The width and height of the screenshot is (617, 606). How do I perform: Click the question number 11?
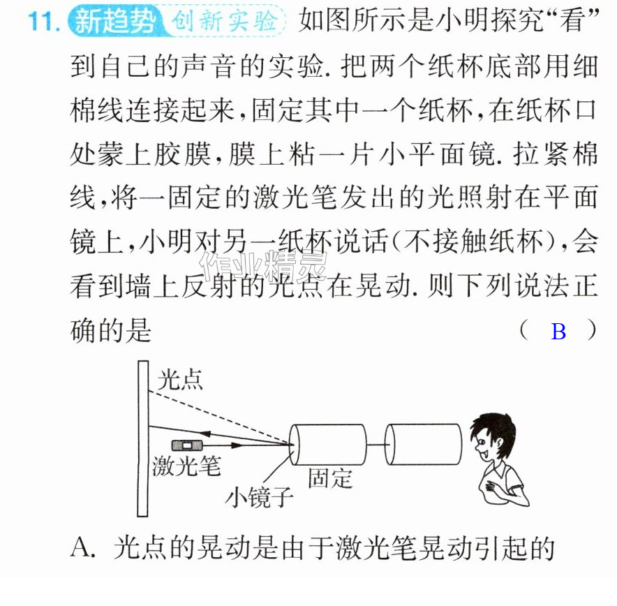pyautogui.click(x=43, y=21)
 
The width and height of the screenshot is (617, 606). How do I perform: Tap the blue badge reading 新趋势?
pyautogui.click(x=116, y=20)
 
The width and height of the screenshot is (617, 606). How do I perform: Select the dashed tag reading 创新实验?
pyautogui.click(x=225, y=20)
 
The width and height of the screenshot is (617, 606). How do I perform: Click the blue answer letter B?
pyautogui.click(x=558, y=332)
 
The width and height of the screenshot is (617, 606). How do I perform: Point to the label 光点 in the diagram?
pyautogui.click(x=180, y=380)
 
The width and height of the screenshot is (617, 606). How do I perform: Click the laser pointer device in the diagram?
pyautogui.click(x=187, y=445)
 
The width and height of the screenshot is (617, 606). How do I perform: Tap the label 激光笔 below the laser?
pyautogui.click(x=186, y=466)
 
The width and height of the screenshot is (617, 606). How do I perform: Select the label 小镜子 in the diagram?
pyautogui.click(x=260, y=496)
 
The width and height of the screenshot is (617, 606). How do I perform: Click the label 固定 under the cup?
pyautogui.click(x=329, y=478)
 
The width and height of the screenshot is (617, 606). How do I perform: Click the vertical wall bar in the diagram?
pyautogui.click(x=143, y=438)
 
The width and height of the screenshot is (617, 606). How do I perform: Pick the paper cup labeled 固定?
pyautogui.click(x=328, y=445)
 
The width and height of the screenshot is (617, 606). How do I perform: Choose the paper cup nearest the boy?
pyautogui.click(x=424, y=444)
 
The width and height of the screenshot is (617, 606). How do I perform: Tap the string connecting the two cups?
pyautogui.click(x=376, y=445)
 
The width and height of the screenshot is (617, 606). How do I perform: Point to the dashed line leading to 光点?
pyautogui.click(x=221, y=417)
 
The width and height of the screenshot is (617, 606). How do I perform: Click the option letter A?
pyautogui.click(x=82, y=547)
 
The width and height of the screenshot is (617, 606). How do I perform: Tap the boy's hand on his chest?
pyautogui.click(x=491, y=487)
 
